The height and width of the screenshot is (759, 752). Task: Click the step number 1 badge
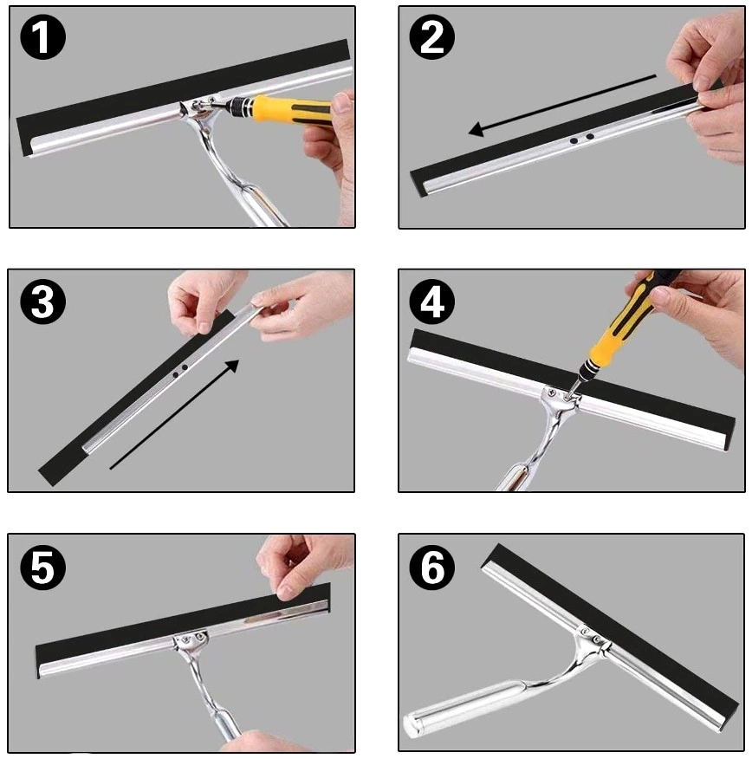(43, 36)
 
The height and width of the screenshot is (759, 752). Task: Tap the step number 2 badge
(432, 36)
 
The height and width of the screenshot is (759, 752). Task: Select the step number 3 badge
(43, 302)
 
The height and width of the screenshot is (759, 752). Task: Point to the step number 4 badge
(432, 302)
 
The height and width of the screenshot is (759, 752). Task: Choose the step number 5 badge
(43, 567)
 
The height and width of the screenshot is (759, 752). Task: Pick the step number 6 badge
(432, 567)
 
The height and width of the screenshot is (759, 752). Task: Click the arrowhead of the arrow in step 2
(477, 129)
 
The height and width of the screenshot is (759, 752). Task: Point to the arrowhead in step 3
(232, 367)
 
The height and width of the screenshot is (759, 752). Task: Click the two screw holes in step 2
(581, 139)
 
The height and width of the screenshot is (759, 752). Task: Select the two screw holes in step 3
(180, 371)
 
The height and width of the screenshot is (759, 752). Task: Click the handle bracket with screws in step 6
(593, 637)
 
